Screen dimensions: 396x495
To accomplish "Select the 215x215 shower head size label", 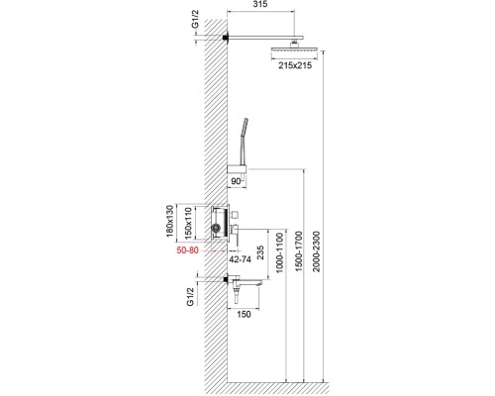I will click(288, 65).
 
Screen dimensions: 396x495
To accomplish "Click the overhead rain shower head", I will click(288, 48).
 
